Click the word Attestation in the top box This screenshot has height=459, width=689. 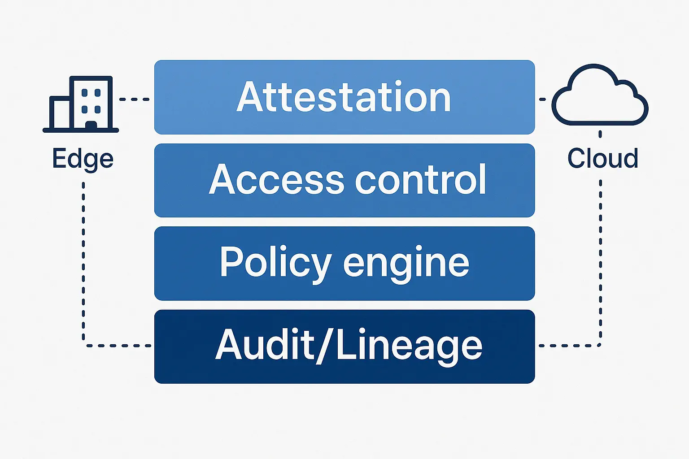click(x=344, y=97)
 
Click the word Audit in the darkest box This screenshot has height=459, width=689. click(x=265, y=345)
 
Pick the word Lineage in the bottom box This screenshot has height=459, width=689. click(x=409, y=346)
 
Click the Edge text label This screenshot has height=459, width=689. click(x=83, y=159)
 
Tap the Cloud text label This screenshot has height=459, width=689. click(x=602, y=159)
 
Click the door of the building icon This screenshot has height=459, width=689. click(x=91, y=126)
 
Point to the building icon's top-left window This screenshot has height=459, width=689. click(x=85, y=93)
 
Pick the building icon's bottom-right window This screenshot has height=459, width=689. click(x=97, y=109)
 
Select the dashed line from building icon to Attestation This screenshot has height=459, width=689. click(x=134, y=99)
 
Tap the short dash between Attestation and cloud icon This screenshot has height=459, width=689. click(x=542, y=99)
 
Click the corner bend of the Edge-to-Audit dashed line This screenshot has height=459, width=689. click(x=84, y=345)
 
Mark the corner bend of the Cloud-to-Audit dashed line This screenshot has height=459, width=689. click(x=600, y=345)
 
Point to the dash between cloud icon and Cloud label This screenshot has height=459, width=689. click(x=600, y=134)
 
